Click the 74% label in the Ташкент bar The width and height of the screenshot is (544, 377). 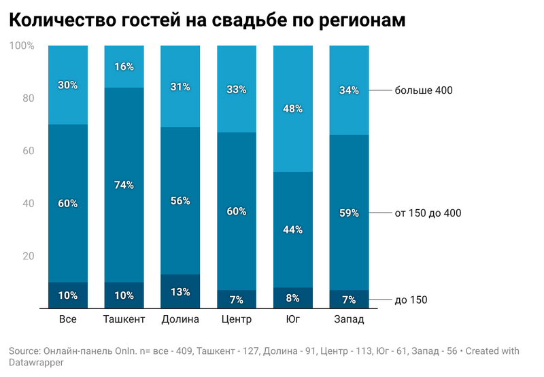click(124, 185)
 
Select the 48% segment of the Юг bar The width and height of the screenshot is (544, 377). click(293, 109)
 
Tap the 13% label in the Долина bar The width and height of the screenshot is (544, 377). click(181, 292)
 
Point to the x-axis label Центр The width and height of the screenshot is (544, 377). click(237, 319)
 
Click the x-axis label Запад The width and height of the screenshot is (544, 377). click(349, 319)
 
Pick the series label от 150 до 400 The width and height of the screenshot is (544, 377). click(428, 213)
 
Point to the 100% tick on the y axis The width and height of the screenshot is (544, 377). click(22, 46)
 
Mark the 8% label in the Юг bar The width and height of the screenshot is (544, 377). click(293, 298)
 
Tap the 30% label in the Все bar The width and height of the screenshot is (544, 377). click(68, 85)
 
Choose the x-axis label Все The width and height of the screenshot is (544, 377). click(68, 319)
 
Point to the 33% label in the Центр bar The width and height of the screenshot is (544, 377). click(237, 89)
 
